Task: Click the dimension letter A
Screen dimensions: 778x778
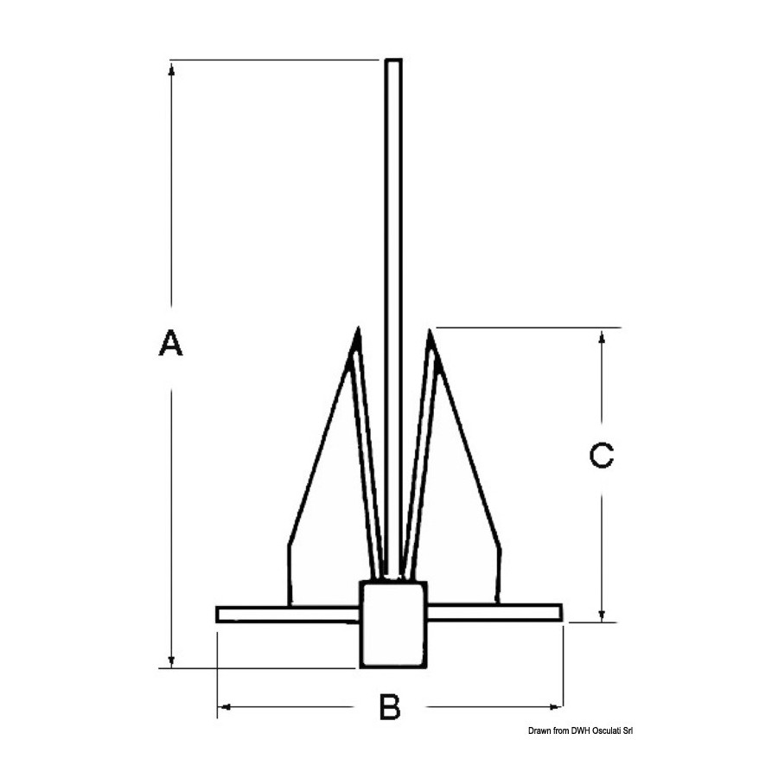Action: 170,341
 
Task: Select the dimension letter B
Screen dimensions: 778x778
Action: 390,706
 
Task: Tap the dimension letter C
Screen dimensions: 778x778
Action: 602,455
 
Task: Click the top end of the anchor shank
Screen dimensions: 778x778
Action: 393,60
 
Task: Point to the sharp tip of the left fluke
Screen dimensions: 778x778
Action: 358,328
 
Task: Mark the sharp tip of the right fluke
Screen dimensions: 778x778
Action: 430,329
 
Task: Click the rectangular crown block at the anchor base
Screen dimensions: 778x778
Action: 393,623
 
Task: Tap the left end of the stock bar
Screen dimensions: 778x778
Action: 217,615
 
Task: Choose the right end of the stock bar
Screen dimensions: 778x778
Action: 561,613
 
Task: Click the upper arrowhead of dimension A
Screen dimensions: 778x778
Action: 171,69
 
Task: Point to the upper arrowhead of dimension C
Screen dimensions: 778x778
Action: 602,336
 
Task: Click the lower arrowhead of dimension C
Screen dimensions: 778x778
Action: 602,615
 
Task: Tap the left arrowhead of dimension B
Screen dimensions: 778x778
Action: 224,706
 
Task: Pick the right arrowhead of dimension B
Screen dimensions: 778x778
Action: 555,706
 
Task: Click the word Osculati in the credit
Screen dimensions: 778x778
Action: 607,730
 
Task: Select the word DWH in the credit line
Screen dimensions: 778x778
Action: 580,730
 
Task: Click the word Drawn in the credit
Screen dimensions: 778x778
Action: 539,730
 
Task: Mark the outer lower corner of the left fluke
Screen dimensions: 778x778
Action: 288,605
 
